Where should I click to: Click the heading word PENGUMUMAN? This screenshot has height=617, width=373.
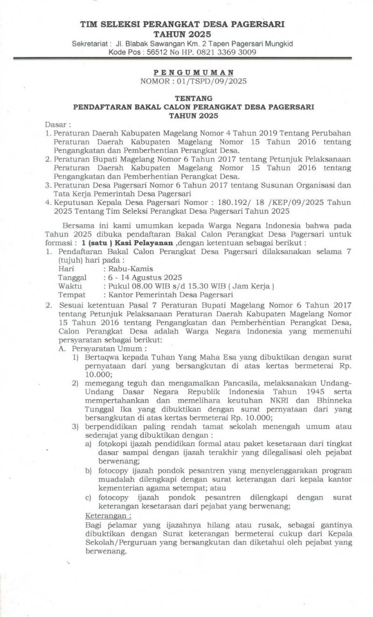(x=194, y=73)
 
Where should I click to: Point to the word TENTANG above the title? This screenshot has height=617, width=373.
(x=193, y=98)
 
